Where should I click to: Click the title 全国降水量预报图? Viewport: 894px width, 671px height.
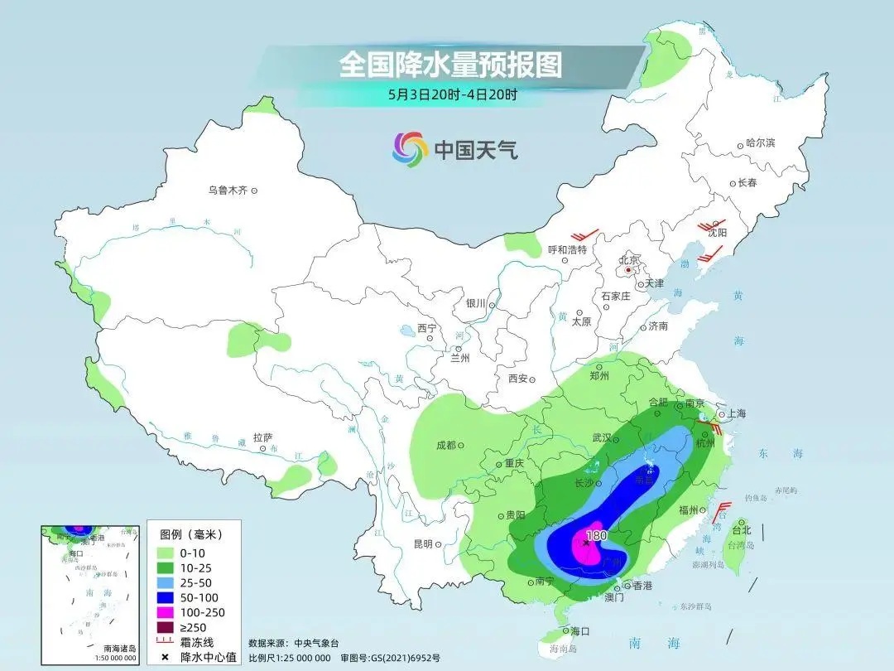point(450,65)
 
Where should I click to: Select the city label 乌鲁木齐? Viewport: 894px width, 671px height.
point(228,191)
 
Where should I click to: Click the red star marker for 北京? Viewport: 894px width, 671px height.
point(629,270)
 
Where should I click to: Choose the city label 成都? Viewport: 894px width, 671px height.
point(445,445)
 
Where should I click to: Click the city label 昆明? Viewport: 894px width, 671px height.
point(422,543)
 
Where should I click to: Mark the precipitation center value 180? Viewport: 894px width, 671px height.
point(596,535)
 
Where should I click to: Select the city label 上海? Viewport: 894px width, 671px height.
point(738,414)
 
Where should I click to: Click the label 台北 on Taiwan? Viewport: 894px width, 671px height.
point(739,529)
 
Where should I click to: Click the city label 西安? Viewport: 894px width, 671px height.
point(518,379)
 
